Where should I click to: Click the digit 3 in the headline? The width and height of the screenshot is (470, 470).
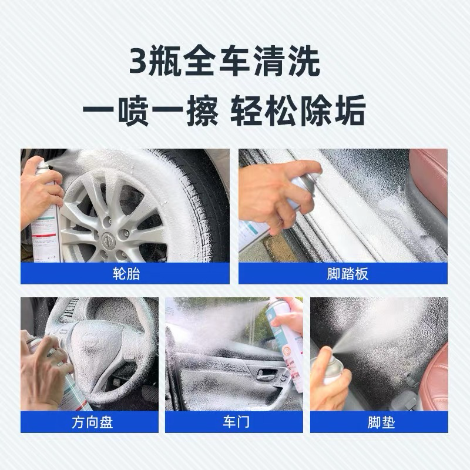tap(138, 61)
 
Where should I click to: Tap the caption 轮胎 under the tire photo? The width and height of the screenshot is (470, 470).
tap(126, 274)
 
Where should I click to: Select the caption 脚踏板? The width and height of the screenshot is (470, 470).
tap(347, 274)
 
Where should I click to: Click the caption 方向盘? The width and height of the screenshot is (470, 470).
tap(92, 422)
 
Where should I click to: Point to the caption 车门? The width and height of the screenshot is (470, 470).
tap(236, 422)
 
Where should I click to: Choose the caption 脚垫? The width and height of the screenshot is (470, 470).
tap(381, 422)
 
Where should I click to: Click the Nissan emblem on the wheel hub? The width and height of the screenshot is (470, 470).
tap(106, 240)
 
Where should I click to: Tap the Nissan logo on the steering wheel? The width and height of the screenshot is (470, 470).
tap(89, 337)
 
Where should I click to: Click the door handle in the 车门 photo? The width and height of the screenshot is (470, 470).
tap(267, 374)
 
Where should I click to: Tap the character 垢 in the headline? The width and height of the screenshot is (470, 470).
tap(350, 110)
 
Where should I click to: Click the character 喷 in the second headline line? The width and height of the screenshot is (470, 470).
tap(133, 110)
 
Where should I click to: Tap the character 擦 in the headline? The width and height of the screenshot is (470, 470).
tap(202, 110)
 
